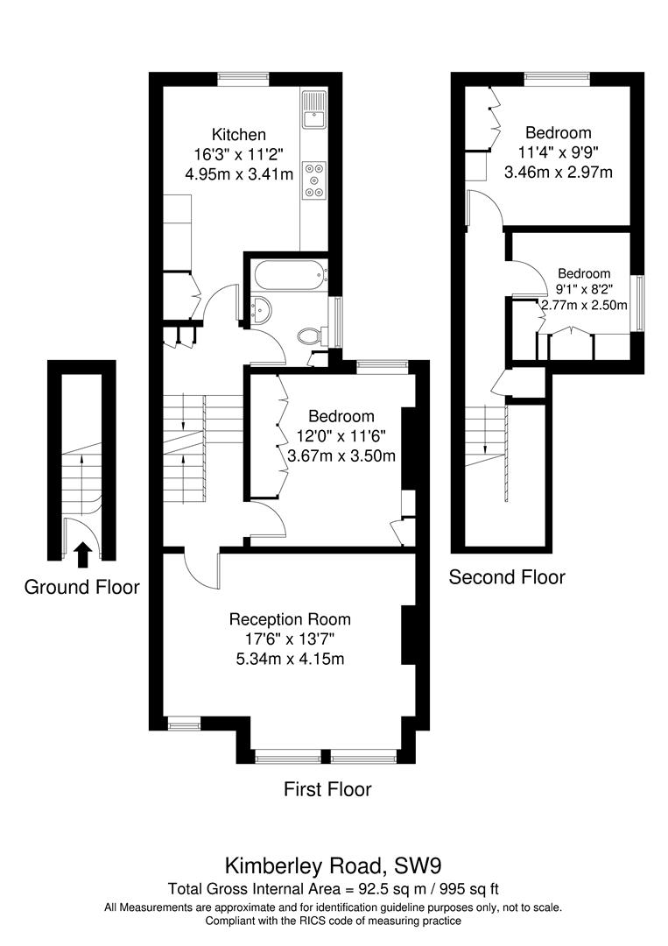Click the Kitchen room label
239,135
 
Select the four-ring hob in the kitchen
313,180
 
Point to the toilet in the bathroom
310,335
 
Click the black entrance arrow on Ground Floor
82,554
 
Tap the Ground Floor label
81,587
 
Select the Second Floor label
507,577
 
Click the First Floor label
327,789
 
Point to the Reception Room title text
290,619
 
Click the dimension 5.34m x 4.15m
290,659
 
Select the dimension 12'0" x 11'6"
341,436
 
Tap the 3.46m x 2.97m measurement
558,172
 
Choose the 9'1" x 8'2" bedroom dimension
585,289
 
